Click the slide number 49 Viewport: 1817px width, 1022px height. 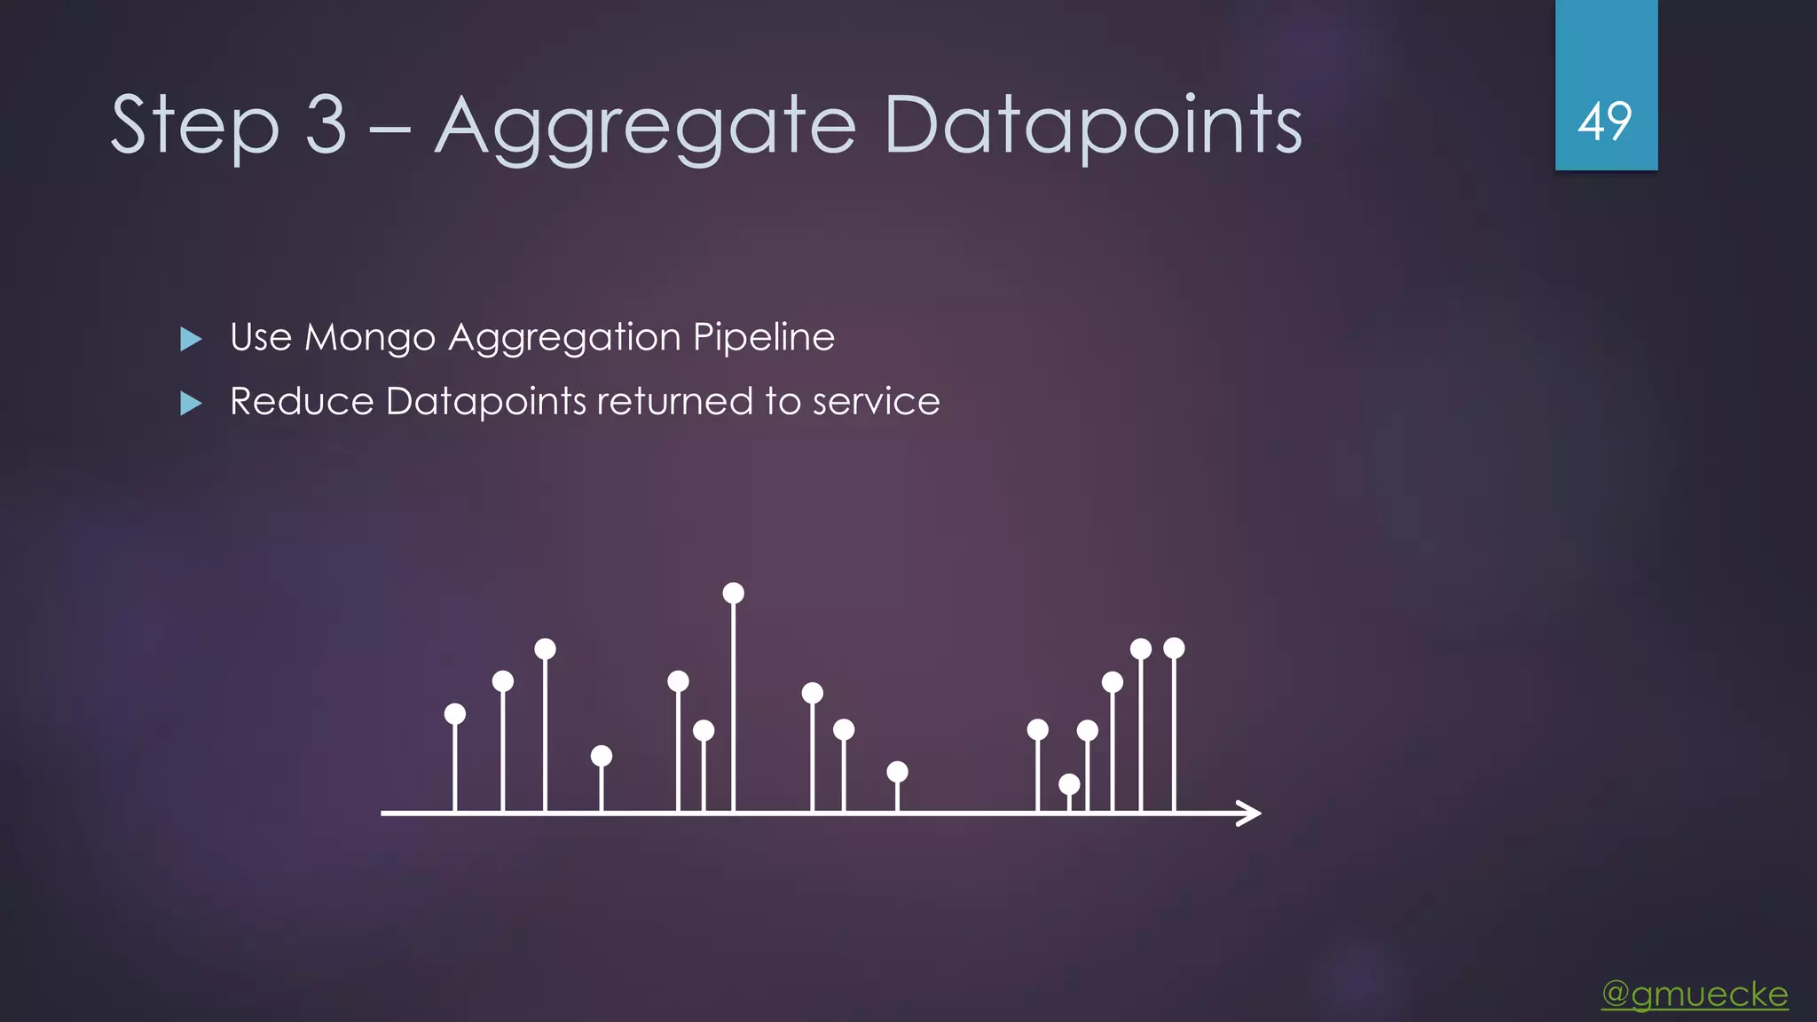(x=1605, y=122)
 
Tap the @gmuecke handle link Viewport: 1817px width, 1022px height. (x=1695, y=994)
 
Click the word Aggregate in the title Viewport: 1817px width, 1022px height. (x=646, y=126)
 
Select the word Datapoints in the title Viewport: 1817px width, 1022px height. (x=1093, y=126)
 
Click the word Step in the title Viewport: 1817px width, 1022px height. (x=195, y=126)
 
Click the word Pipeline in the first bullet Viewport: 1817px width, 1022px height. (x=763, y=338)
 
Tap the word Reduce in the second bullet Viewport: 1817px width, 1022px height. (x=302, y=402)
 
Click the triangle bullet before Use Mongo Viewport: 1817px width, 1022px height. (x=191, y=339)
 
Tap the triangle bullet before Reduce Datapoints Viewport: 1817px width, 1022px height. (x=191, y=404)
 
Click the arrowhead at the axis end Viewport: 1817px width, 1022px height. (x=1251, y=813)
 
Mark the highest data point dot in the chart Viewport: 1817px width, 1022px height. (x=733, y=594)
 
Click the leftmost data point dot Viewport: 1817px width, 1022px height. (x=455, y=714)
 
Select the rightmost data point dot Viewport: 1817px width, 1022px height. (x=1174, y=649)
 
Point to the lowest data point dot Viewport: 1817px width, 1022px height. (x=1069, y=784)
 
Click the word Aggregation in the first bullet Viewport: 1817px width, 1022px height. (x=563, y=338)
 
